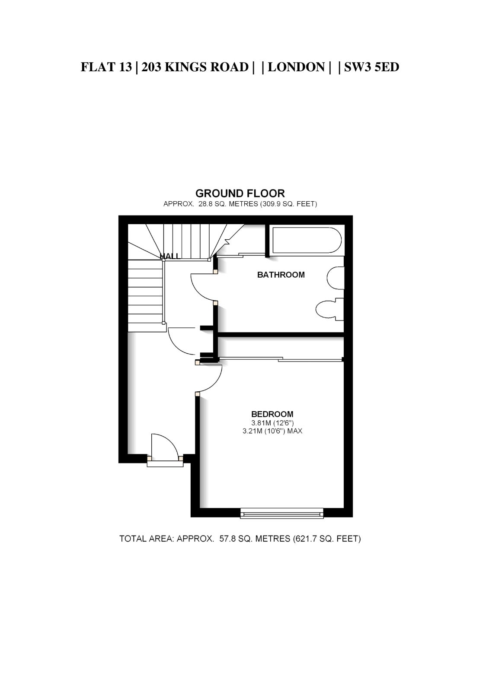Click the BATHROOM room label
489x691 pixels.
click(x=281, y=275)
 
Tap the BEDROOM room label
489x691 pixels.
click(x=272, y=414)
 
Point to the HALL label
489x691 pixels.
click(x=170, y=256)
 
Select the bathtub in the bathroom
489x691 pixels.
click(x=307, y=240)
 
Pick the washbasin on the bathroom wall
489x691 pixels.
click(x=335, y=278)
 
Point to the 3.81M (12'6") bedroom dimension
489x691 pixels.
click(x=272, y=423)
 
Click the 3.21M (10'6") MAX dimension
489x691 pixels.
click(x=272, y=431)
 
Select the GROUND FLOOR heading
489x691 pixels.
click(x=240, y=193)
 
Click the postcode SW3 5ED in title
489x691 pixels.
click(x=372, y=67)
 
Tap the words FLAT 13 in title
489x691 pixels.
click(x=106, y=67)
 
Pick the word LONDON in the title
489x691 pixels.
click(x=296, y=67)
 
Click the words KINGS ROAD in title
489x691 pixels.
click(x=206, y=67)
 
